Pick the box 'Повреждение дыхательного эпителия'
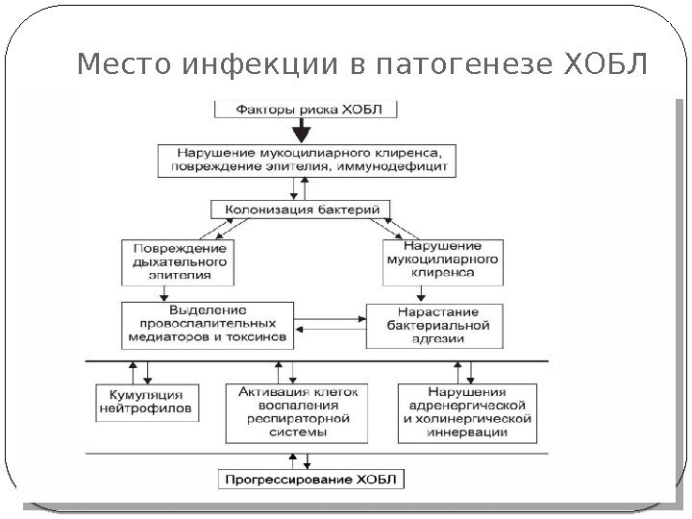[181, 259]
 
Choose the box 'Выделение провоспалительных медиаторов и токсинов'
[208, 325]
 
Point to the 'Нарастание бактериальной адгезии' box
[433, 325]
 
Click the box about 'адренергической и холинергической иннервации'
[466, 412]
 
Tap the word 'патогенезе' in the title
[456, 66]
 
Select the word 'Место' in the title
[118, 66]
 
